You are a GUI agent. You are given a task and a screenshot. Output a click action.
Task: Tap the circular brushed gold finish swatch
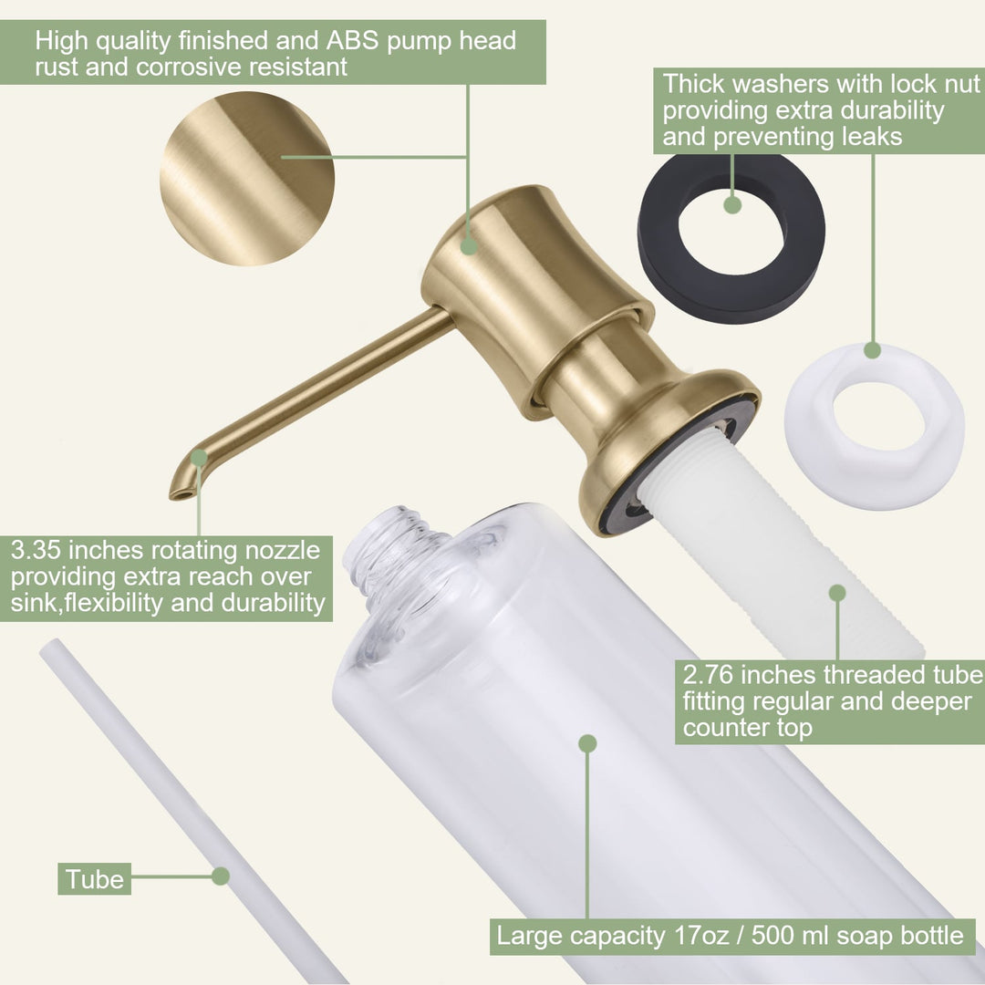[x=247, y=179]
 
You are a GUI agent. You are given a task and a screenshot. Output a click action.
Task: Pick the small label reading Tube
[x=94, y=879]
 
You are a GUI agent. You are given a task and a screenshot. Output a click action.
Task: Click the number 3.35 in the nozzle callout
[x=36, y=550]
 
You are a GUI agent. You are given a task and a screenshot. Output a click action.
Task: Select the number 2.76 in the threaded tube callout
[x=708, y=675]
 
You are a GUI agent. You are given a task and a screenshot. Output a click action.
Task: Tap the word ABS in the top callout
[x=352, y=40]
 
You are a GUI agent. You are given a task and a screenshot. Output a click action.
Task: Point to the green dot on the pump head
[x=469, y=246]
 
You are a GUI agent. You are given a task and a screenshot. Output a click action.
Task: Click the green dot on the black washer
[x=732, y=205]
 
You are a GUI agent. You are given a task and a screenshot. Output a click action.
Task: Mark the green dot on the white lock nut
[x=872, y=350]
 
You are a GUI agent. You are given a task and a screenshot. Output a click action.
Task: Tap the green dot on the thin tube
[x=221, y=876]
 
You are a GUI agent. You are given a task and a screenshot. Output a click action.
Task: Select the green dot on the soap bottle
[x=587, y=744]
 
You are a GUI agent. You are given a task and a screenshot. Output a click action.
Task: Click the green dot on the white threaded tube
[x=837, y=593]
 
